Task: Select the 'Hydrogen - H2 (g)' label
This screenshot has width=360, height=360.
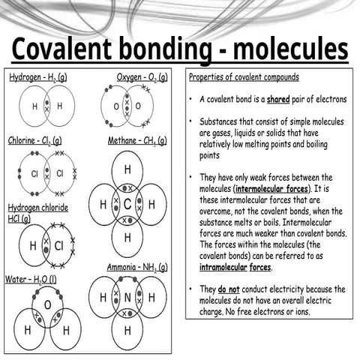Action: [x=37, y=77]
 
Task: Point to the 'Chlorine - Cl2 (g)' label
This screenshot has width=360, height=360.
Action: [x=35, y=140]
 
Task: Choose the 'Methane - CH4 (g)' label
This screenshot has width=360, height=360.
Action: [x=136, y=140]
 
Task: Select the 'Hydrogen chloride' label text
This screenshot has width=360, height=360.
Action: [x=38, y=207]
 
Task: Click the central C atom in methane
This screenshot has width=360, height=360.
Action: [x=127, y=204]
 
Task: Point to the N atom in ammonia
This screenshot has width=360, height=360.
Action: [x=127, y=298]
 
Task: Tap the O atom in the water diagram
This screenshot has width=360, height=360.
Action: [x=48, y=304]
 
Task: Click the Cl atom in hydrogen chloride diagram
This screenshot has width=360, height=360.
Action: [x=58, y=245]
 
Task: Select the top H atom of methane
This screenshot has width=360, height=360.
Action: [x=127, y=169]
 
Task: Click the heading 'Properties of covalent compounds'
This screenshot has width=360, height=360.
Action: [x=244, y=77]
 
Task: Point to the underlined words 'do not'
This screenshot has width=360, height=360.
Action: [x=229, y=289]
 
